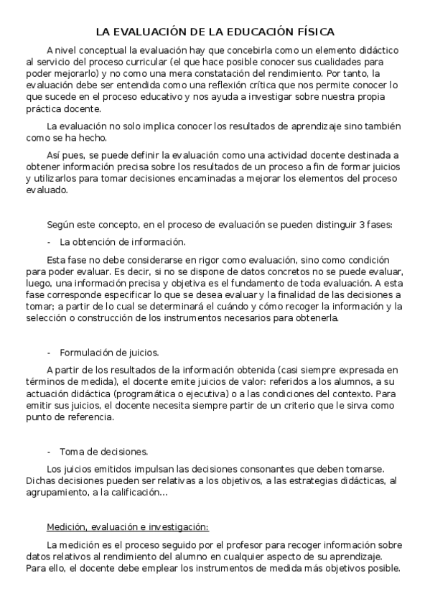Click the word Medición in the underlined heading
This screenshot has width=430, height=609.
click(x=67, y=527)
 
